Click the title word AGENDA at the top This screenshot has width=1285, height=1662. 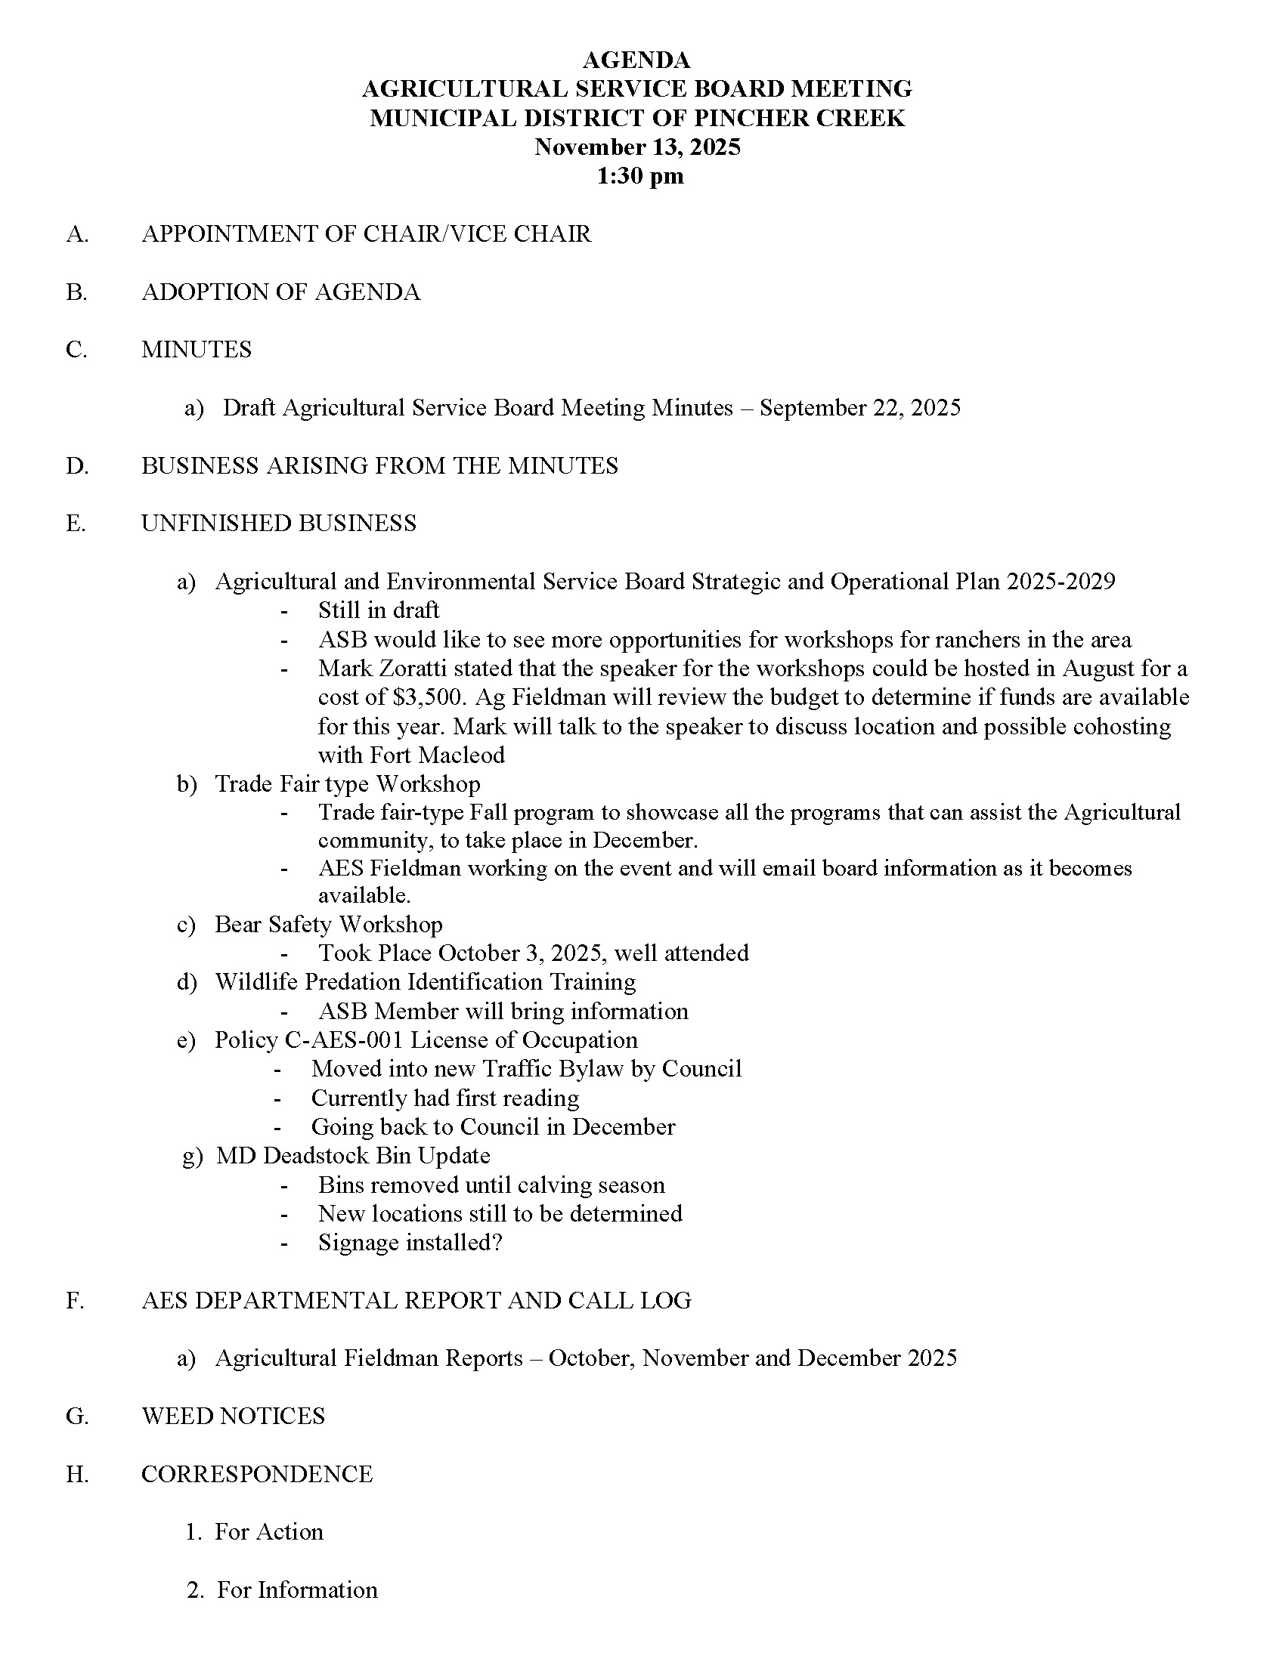[636, 60]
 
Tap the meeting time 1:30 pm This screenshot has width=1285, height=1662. [639, 176]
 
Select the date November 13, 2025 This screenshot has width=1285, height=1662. [637, 147]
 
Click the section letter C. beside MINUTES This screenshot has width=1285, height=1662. [76, 350]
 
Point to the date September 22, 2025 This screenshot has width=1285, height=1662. [859, 408]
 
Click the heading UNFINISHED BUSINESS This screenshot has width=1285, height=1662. [279, 524]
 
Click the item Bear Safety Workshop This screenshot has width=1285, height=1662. [328, 924]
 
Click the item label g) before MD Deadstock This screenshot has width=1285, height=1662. [193, 1156]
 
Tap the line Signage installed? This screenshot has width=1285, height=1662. [410, 1243]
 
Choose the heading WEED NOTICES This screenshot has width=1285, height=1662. [233, 1416]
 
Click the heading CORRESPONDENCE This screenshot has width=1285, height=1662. [257, 1474]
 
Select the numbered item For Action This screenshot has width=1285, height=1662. [269, 1532]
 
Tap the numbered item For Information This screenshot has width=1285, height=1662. [297, 1589]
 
